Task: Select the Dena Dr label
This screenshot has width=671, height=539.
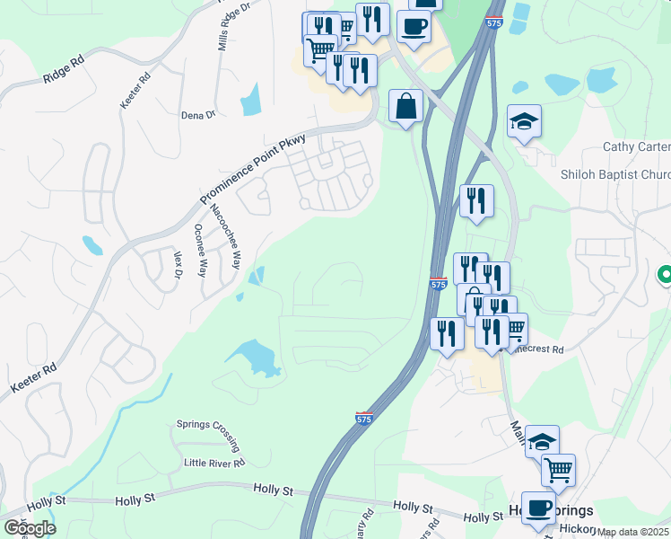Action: tap(198, 115)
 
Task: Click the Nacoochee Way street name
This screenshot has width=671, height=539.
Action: tap(226, 237)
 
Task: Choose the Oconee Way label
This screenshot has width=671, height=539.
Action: tap(201, 251)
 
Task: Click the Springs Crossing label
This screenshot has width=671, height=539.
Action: tap(208, 430)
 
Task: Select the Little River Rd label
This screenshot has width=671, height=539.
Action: tap(214, 463)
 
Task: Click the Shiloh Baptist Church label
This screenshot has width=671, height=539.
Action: tap(615, 174)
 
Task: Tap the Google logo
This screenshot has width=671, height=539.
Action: tap(30, 528)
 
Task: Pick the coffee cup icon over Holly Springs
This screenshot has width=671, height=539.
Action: tap(538, 508)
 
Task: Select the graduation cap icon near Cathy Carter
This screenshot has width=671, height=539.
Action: tap(525, 121)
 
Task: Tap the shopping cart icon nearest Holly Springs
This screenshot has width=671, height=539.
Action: tap(558, 468)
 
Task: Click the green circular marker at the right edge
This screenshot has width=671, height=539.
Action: tap(665, 275)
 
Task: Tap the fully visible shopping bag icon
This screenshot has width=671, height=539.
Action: tap(406, 106)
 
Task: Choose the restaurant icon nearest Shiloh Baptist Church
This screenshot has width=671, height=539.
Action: tap(476, 200)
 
